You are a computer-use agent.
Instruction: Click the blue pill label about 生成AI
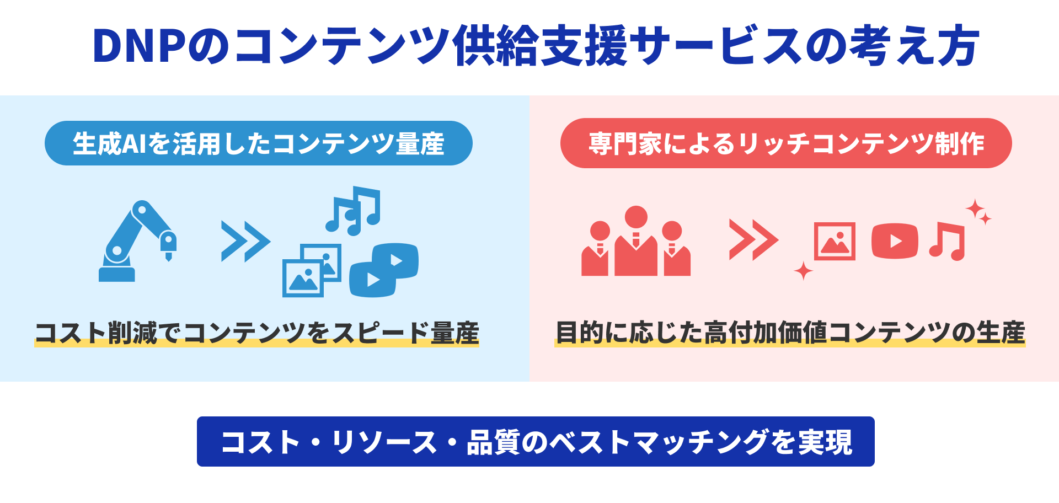pyautogui.click(x=259, y=143)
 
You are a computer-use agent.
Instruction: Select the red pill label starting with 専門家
pyautogui.click(x=786, y=143)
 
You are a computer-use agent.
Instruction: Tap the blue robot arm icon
pyautogui.click(x=137, y=241)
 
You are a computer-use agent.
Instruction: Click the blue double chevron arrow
pyautogui.click(x=245, y=242)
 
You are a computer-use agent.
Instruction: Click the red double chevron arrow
pyautogui.click(x=753, y=240)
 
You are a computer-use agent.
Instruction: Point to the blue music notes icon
pyautogui.click(x=353, y=211)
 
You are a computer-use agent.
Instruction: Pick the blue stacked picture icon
pyautogui.click(x=312, y=271)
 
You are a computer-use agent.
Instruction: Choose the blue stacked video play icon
pyautogui.click(x=384, y=270)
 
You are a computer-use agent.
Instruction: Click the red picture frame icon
pyautogui.click(x=835, y=241)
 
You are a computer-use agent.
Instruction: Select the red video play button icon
pyautogui.click(x=895, y=241)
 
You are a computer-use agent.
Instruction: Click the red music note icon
pyautogui.click(x=948, y=242)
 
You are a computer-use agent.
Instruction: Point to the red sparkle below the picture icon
pyautogui.click(x=803, y=271)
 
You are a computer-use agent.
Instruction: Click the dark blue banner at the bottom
pyautogui.click(x=536, y=442)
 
